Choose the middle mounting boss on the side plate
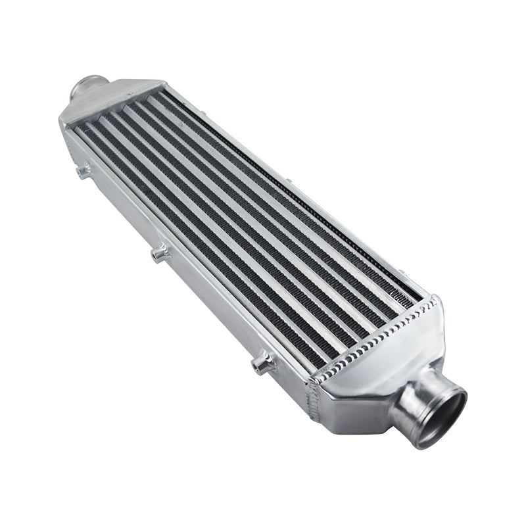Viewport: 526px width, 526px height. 158,252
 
